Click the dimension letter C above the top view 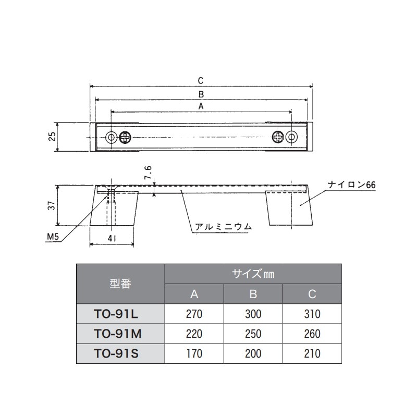[x=201, y=81]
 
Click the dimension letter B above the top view [x=201, y=94]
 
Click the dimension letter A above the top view [x=201, y=106]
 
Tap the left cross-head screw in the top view [x=125, y=137]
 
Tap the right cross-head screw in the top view [x=278, y=137]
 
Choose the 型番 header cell [x=120, y=284]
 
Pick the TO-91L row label [x=120, y=314]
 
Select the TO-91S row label [x=120, y=353]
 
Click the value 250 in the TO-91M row [x=253, y=334]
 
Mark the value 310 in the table [x=312, y=314]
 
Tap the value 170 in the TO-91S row [x=194, y=353]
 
